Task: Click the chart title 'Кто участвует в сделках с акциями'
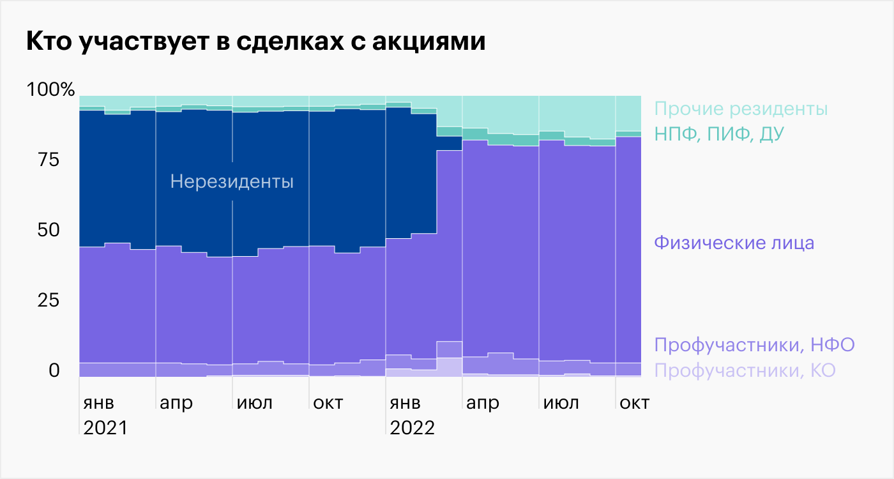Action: click(x=255, y=42)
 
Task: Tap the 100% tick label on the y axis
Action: click(x=50, y=90)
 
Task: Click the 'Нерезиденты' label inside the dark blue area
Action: click(x=232, y=182)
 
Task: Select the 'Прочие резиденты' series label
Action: click(x=741, y=109)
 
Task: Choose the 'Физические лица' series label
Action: click(x=734, y=243)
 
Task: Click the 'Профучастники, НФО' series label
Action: click(x=754, y=346)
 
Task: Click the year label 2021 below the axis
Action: click(x=105, y=427)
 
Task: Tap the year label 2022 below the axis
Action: click(x=412, y=427)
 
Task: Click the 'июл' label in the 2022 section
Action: click(x=561, y=404)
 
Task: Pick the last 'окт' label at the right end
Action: click(x=634, y=404)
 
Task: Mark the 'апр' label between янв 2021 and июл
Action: click(x=176, y=404)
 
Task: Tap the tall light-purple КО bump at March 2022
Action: click(x=449, y=367)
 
